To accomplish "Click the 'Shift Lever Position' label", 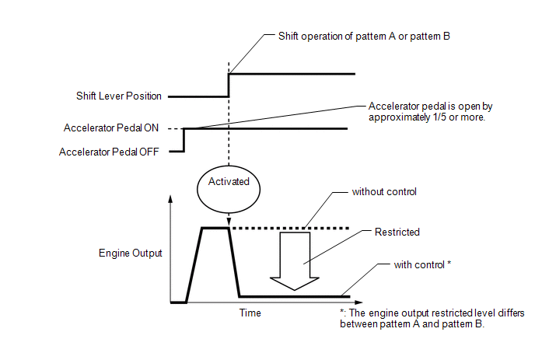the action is (119, 96).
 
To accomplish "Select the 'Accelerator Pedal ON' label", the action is (111, 128).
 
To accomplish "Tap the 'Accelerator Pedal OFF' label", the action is (109, 152).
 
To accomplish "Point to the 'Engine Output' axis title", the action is (131, 253).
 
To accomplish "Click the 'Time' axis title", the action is (250, 313).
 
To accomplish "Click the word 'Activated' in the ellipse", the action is (229, 181).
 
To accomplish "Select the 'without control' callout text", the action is (384, 192).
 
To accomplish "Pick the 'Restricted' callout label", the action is (397, 232).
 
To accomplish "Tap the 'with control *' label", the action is (422, 265).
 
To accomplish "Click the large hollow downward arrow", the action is (295, 261).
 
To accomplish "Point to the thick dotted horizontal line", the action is (290, 229).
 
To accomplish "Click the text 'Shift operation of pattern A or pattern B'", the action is (364, 37).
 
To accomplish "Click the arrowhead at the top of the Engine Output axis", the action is (170, 198).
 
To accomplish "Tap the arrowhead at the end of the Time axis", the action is (358, 302).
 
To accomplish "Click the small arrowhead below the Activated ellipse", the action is (229, 220).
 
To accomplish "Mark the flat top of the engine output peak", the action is (215, 228).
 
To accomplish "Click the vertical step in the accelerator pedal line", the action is (184, 140).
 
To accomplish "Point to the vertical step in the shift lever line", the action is (229, 86).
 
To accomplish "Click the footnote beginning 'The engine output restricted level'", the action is (432, 318).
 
